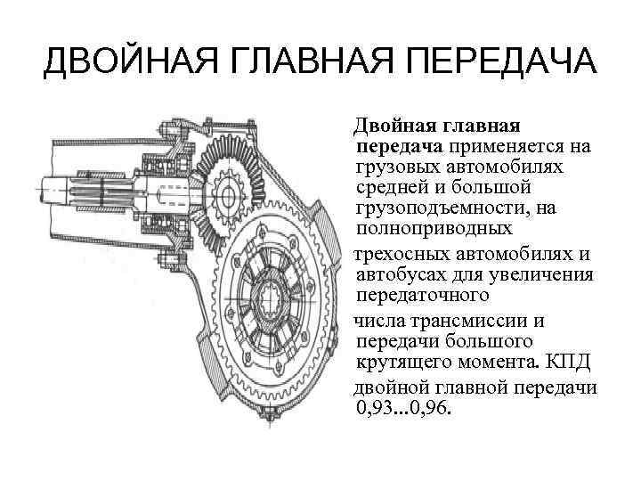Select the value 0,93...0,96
tap(403, 410)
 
